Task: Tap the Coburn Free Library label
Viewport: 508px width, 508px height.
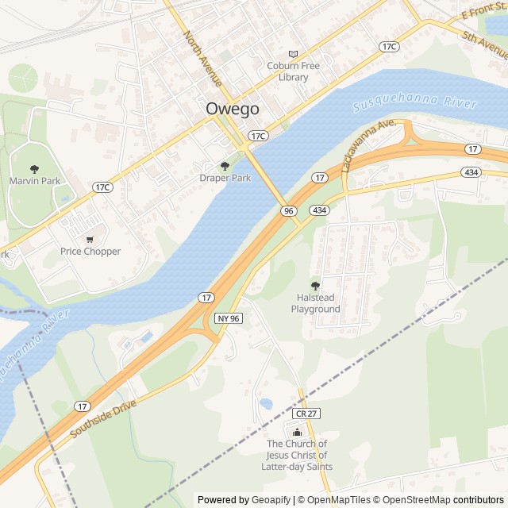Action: [294, 71]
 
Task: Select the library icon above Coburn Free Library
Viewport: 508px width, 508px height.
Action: [294, 53]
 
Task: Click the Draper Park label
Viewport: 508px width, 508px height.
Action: [225, 178]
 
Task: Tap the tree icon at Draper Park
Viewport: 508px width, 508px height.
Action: [225, 166]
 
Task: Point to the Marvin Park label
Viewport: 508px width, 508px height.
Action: [34, 181]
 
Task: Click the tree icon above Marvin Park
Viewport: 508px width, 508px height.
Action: [34, 168]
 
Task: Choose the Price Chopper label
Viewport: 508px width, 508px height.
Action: [90, 252]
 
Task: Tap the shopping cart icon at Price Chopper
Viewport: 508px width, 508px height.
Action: [90, 238]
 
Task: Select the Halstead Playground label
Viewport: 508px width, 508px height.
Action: [315, 303]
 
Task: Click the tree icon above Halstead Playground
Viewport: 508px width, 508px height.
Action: [315, 286]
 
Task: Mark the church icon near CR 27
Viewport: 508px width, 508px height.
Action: [297, 433]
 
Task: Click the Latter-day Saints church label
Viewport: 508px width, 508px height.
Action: [297, 456]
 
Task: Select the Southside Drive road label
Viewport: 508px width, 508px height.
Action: [103, 418]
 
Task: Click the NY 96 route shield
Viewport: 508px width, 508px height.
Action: [228, 317]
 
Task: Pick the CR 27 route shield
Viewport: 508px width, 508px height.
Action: [305, 414]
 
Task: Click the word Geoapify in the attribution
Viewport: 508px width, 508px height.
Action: [271, 500]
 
